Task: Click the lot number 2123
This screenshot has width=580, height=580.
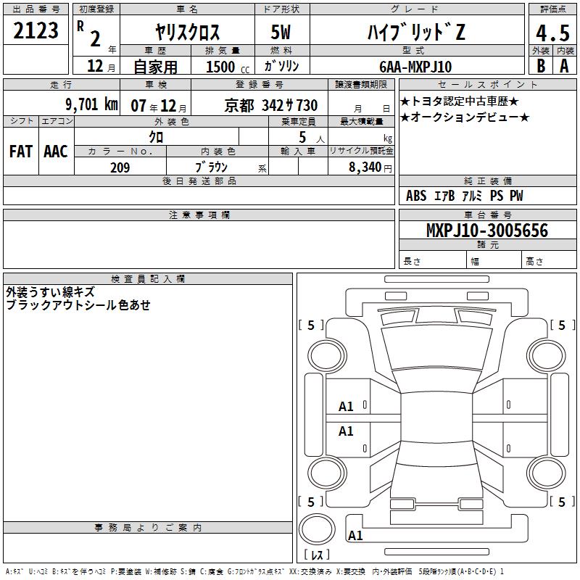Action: (36, 30)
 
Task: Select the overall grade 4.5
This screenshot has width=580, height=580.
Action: (552, 33)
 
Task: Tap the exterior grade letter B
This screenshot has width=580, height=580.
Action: (541, 66)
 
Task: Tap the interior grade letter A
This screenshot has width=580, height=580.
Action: (564, 66)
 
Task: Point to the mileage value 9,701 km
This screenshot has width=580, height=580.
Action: (92, 104)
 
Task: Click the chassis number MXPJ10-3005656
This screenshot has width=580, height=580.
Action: (487, 230)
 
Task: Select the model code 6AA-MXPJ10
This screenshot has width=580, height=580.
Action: (415, 67)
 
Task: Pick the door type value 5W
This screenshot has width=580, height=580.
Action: (281, 32)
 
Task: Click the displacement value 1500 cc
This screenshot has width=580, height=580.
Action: (228, 67)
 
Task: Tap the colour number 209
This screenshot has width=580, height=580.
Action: (120, 167)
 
